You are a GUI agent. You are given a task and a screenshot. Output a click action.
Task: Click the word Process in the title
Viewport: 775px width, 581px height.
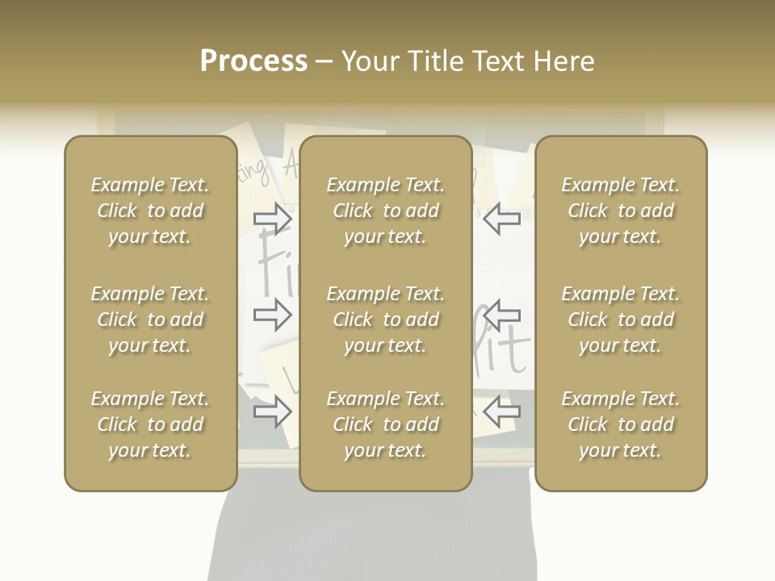[x=253, y=61]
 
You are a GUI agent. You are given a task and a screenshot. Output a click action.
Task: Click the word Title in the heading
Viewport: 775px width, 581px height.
[x=433, y=61]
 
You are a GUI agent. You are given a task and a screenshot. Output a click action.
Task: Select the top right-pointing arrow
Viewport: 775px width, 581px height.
[x=273, y=219]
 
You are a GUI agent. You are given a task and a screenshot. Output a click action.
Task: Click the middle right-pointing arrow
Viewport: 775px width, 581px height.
[x=273, y=315]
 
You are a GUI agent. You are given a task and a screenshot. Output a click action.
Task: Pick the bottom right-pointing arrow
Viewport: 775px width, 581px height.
[x=273, y=413]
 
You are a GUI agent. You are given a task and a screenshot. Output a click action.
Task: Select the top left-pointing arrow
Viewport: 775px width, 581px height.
[x=502, y=219]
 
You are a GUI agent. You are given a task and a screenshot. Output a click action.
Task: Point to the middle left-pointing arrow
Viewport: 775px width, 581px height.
[x=502, y=315]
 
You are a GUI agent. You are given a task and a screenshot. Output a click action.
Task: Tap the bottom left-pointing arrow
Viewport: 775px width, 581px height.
[x=502, y=413]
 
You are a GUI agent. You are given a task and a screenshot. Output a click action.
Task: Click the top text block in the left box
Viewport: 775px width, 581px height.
[x=150, y=211]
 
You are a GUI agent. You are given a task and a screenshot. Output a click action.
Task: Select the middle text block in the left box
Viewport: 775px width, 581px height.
[x=150, y=320]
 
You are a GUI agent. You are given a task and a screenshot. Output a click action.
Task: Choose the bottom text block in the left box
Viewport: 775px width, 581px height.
[x=150, y=424]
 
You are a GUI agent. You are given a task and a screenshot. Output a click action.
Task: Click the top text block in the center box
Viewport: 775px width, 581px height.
[x=386, y=211]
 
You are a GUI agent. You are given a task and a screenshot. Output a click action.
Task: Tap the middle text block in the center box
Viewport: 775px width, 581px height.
[x=386, y=320]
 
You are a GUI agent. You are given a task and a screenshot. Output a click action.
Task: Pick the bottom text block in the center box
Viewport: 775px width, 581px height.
[x=386, y=424]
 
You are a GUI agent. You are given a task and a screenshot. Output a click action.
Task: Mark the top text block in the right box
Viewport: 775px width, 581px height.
[x=621, y=211]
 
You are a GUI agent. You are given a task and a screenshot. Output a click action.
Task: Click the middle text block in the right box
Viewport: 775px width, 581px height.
[x=621, y=320]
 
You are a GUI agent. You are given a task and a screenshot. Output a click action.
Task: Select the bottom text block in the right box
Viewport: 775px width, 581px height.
[x=621, y=424]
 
